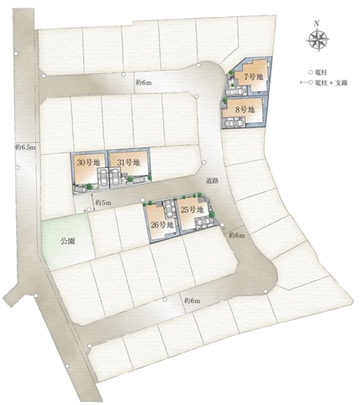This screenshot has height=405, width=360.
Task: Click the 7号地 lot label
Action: (x=254, y=76)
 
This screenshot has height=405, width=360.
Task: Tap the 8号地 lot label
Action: (x=245, y=109)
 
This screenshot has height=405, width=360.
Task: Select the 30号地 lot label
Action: (x=88, y=163)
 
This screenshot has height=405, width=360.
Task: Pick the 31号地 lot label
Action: (x=128, y=162)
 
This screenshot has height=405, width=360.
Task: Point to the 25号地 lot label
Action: (x=192, y=210)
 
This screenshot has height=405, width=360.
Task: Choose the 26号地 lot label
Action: (x=162, y=225)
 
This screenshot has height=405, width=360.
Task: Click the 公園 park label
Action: (x=68, y=241)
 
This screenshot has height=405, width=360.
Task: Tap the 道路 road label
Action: (x=212, y=181)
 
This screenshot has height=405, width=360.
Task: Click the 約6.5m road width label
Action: (x=25, y=148)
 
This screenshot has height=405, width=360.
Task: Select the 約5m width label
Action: (x=103, y=203)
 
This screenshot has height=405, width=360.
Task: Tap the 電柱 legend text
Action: (x=321, y=72)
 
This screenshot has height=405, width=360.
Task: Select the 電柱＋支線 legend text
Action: (x=331, y=83)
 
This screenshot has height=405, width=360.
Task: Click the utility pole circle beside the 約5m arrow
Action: (x=89, y=210)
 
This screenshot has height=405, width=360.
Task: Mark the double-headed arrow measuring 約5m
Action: (x=93, y=202)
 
